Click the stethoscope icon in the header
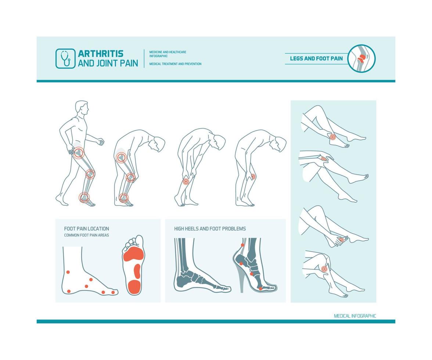(x=65, y=58)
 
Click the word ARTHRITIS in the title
(x=100, y=54)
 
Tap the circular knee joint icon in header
(x=361, y=58)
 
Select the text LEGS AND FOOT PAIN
(x=316, y=58)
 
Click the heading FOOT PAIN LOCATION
(x=86, y=228)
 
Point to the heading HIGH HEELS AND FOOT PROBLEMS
(x=210, y=228)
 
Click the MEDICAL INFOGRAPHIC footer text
(x=355, y=316)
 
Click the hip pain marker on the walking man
(x=78, y=152)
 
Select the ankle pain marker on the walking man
(x=84, y=197)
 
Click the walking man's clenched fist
(x=100, y=141)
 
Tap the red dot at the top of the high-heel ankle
(x=242, y=245)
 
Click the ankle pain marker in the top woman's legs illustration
(x=332, y=137)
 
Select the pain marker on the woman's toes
(x=341, y=240)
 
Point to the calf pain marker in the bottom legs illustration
(x=324, y=269)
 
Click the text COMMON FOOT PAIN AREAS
(x=86, y=235)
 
